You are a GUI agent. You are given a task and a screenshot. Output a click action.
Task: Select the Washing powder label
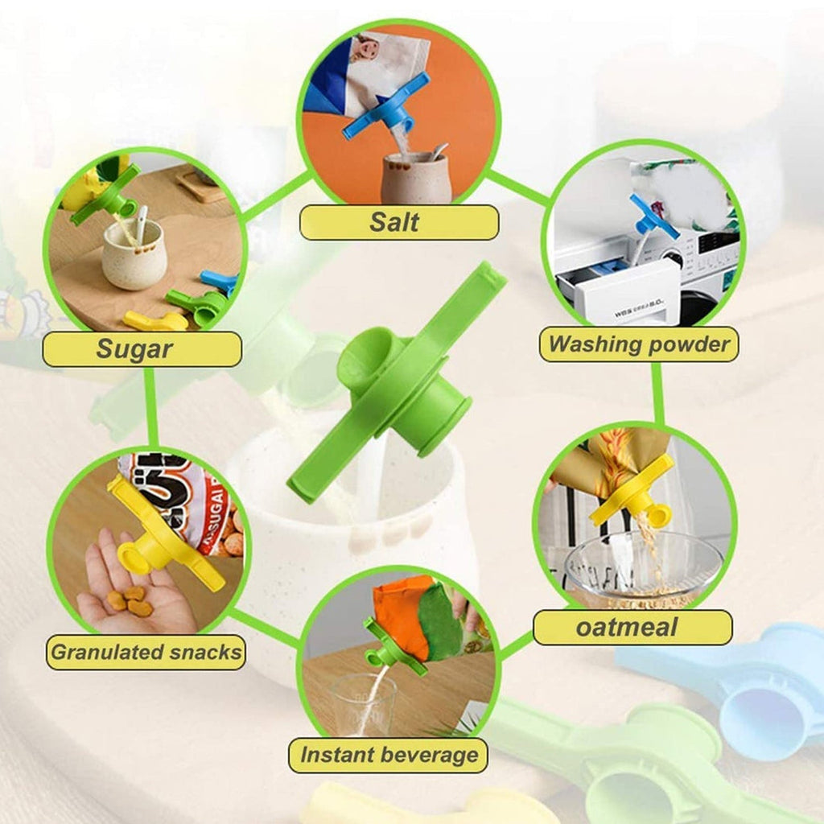coord(639,344)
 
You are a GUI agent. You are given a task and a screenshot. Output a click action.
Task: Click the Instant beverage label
coord(389,755)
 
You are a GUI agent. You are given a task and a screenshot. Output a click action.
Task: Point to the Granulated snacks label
coord(146,652)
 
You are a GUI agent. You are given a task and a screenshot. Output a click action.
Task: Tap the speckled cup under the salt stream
coord(416,178)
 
